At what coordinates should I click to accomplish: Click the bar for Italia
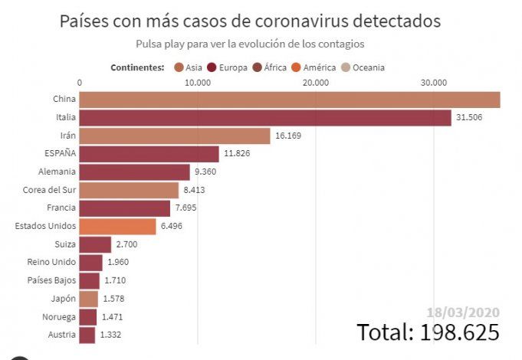coord(265,117)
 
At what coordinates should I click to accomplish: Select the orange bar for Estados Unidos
coord(117,226)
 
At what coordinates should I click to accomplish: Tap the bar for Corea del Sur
coord(129,190)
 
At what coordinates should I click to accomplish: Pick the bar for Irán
coord(175,136)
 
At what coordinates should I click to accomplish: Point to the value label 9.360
coord(208,172)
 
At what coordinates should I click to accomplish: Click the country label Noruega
coord(58,316)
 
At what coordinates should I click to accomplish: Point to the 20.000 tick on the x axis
coord(316,83)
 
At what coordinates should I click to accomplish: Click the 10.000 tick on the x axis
coord(198,83)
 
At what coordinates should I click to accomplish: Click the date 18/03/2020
coord(464,313)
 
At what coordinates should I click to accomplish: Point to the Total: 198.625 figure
coord(428,332)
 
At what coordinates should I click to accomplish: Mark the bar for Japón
coord(89,299)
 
